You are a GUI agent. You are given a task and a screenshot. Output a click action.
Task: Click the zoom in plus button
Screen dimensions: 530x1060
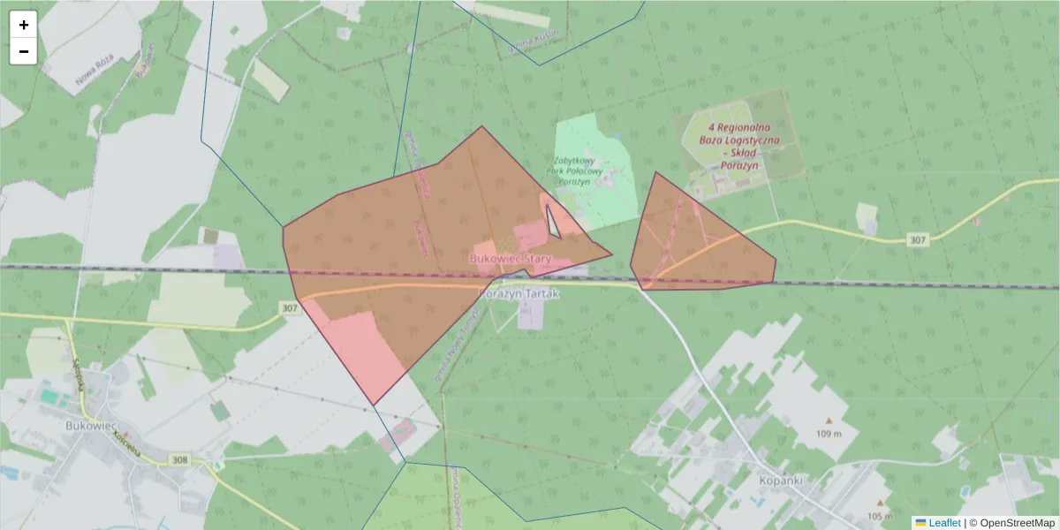24,25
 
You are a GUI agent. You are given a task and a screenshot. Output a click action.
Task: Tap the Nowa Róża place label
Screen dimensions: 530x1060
95,77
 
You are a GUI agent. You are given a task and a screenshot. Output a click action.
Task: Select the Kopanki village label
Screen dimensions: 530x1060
780,481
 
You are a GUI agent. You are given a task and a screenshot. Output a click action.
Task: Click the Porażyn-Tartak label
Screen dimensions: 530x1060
519,292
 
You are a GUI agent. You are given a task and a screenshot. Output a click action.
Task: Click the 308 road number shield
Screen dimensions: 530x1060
180,460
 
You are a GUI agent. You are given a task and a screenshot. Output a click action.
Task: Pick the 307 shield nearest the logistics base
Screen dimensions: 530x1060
918,239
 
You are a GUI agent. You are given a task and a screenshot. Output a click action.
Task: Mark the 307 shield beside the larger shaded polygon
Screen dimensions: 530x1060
289,307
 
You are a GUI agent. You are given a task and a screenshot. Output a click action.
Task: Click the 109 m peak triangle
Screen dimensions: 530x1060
829,420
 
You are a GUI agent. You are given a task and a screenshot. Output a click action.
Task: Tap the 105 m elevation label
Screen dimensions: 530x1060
879,516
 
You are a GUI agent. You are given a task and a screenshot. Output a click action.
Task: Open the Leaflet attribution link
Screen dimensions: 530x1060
943,523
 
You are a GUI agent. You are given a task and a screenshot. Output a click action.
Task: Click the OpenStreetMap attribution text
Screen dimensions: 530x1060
1016,523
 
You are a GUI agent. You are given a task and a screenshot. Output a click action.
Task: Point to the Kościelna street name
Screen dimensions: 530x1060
126,444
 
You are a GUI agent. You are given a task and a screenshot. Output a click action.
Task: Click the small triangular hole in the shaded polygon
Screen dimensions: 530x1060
553,223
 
